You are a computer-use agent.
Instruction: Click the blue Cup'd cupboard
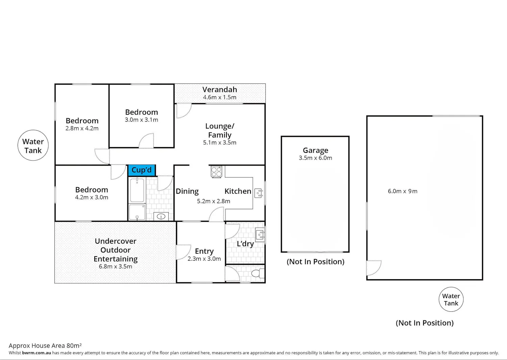(x=142, y=170)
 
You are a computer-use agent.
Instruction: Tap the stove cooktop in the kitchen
(x=216, y=172)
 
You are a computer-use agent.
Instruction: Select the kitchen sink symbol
(x=259, y=193)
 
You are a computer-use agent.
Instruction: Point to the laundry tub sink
(x=260, y=235)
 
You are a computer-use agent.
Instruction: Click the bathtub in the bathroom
(x=137, y=190)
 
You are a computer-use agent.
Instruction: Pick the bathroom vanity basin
(x=161, y=216)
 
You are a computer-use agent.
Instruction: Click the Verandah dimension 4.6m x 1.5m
(x=220, y=97)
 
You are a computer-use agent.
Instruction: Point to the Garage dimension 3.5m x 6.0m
(x=315, y=158)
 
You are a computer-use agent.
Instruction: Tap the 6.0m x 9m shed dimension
(x=403, y=191)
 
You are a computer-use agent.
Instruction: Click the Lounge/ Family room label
(x=220, y=130)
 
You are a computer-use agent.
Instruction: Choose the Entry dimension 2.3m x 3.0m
(x=204, y=259)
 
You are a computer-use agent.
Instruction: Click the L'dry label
(x=245, y=244)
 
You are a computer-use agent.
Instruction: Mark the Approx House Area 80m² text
(x=45, y=345)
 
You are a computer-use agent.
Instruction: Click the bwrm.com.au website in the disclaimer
(x=37, y=353)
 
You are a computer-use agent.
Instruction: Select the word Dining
(x=187, y=191)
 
